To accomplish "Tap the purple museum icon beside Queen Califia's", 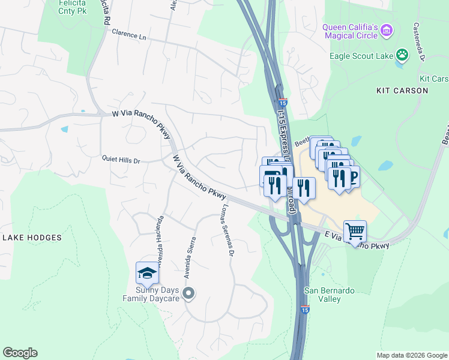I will coord(387,29).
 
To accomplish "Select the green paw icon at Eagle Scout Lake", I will coord(402,56).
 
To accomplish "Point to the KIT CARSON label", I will coord(402,91).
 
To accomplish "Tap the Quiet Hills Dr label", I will coord(121,161).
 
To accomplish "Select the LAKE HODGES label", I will coord(32,238).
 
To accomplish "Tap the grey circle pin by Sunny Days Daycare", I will coord(188,293).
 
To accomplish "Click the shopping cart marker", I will coord(355,231).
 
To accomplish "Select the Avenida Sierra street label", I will coord(190,257).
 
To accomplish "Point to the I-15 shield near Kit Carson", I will coord(283,103).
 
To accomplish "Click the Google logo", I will coord(20,353).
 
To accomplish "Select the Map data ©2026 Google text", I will coord(411,355).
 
